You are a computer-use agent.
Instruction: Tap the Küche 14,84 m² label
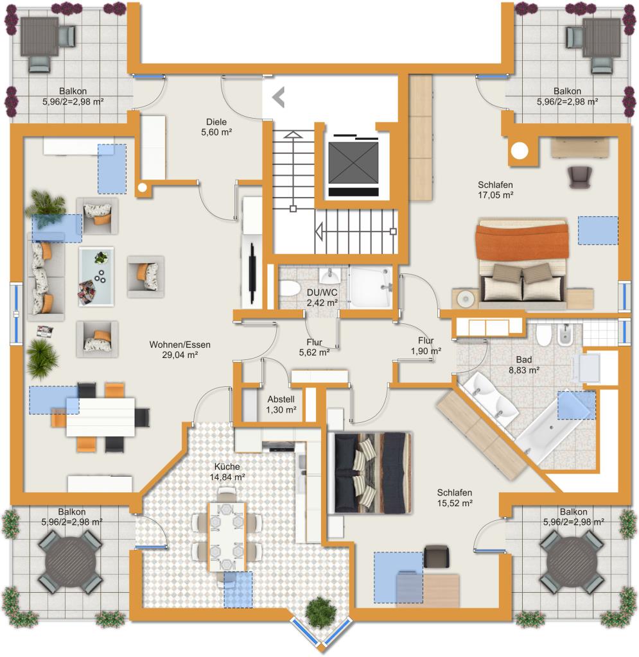[227, 472]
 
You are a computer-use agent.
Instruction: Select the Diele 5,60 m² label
[216, 127]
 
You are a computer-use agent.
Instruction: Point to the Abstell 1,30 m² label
[281, 404]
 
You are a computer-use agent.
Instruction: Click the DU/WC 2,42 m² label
[322, 298]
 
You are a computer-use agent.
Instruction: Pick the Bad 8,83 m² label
[523, 365]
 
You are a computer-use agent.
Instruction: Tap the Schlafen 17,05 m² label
[495, 190]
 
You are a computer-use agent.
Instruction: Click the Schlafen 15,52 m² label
[455, 498]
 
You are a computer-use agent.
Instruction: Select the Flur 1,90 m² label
[426, 346]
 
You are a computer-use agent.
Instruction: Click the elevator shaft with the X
[353, 162]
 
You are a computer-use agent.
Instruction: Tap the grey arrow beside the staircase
[279, 98]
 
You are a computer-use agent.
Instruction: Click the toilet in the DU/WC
[289, 289]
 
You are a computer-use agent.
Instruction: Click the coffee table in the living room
[96, 277]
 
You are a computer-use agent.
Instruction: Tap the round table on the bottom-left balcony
[70, 562]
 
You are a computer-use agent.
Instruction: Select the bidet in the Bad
[565, 334]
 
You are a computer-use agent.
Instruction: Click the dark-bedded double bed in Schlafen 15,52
[369, 473]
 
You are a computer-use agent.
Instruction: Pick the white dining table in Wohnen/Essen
[101, 417]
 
